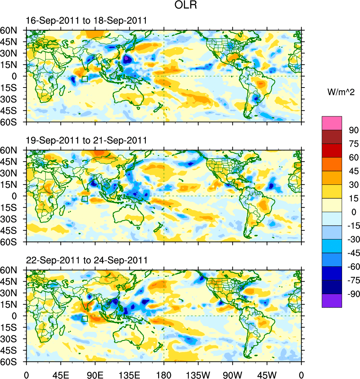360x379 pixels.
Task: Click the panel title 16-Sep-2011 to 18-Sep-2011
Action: (86, 21)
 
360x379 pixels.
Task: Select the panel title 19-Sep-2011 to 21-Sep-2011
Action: (86, 140)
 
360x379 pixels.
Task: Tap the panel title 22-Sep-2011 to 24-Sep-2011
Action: (86, 260)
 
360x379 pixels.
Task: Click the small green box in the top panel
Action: (84, 79)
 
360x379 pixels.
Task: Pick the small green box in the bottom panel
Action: (84, 319)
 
